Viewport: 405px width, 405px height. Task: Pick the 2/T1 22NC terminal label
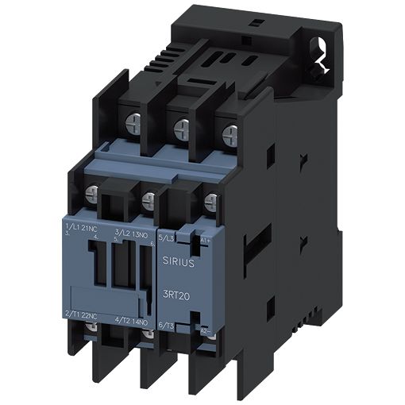tap(83, 315)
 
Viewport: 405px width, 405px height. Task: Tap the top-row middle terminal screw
tap(182, 125)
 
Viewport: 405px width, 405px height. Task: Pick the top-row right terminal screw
tap(229, 132)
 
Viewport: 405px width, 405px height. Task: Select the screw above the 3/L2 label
tap(148, 198)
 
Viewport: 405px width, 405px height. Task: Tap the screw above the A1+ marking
tap(210, 202)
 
